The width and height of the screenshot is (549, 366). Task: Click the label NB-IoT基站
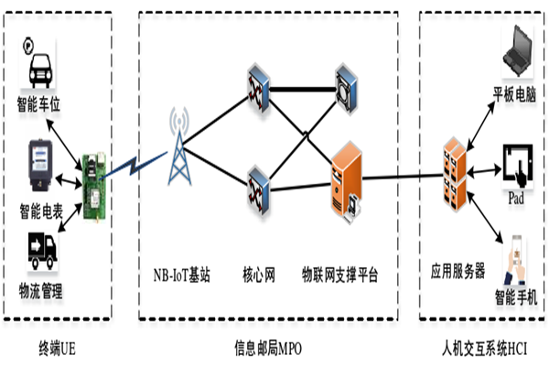[182, 274]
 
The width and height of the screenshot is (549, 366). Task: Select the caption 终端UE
[57, 349]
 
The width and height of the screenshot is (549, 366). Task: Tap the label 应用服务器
[457, 274]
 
